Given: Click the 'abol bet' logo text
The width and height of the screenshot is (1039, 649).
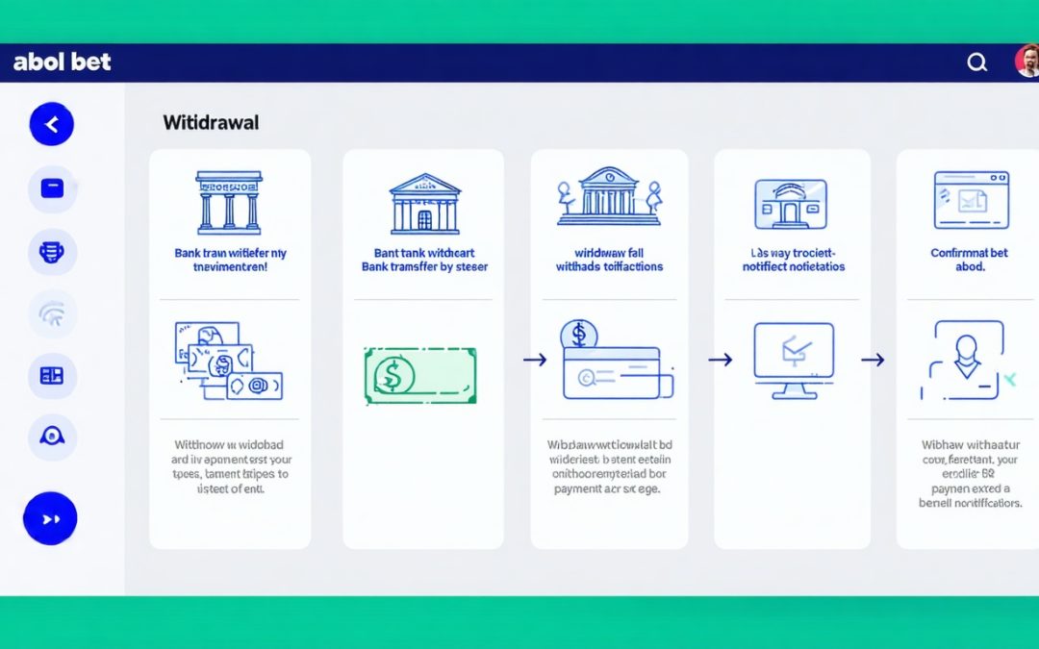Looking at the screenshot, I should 63,62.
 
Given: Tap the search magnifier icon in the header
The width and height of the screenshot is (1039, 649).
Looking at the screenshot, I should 976,62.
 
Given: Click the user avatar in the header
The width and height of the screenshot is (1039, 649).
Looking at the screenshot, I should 1027,62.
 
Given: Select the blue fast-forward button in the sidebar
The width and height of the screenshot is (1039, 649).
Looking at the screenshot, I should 50,518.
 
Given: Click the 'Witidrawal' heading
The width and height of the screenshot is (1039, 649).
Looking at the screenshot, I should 211,122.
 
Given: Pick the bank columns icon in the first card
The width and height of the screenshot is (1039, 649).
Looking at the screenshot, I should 229,202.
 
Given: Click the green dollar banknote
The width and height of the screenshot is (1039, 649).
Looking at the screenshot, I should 420,375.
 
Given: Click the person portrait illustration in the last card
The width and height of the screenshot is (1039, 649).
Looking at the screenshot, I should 965,361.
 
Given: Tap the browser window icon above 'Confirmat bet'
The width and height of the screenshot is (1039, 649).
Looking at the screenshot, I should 971,200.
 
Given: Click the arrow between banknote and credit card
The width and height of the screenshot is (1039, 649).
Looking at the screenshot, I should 534,360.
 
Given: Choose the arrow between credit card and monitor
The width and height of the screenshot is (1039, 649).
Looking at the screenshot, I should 720,360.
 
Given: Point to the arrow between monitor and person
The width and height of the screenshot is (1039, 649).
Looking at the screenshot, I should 872,360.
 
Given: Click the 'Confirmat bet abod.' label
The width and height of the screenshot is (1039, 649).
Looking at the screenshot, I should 970,260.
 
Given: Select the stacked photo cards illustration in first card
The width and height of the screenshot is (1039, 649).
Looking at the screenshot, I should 228,362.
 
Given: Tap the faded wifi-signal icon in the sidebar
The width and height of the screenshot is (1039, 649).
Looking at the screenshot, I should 52,314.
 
